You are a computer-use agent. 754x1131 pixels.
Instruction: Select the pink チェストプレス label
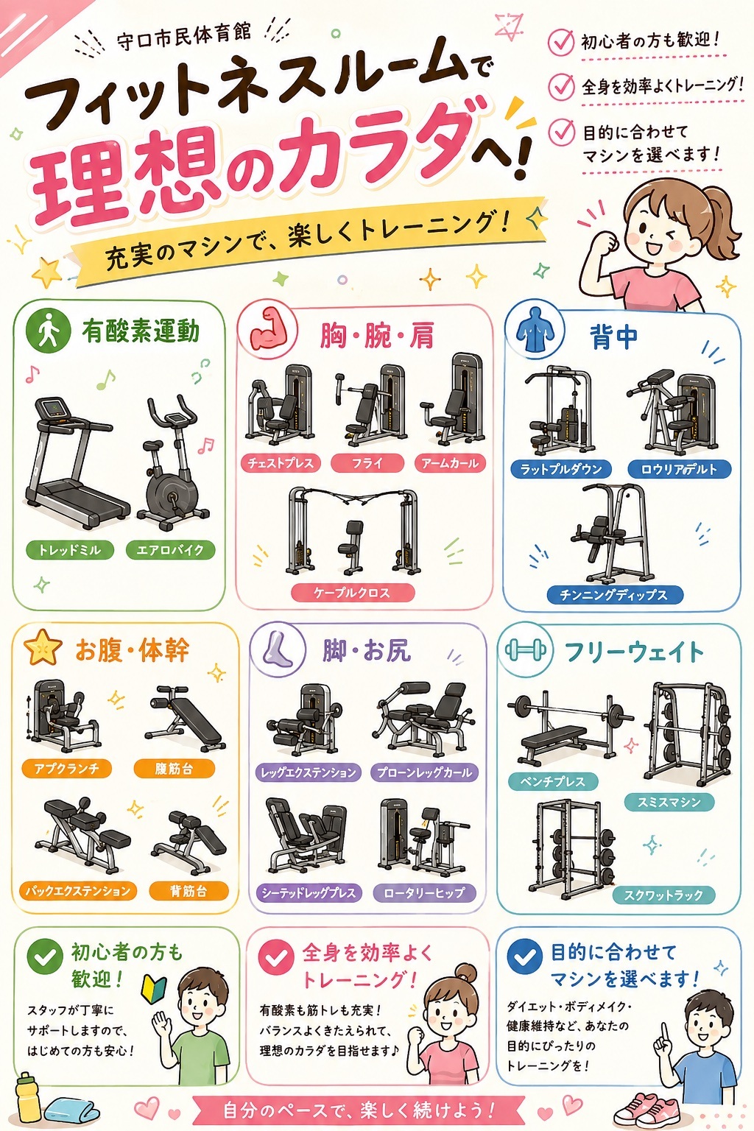[280, 463]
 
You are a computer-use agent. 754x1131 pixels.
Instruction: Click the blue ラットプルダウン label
[560, 469]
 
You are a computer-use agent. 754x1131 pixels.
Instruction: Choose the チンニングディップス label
[614, 595]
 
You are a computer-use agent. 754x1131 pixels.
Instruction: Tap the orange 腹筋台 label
[174, 769]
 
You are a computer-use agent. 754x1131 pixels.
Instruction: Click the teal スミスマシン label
[669, 802]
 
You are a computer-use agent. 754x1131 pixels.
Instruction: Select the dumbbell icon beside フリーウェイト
[525, 650]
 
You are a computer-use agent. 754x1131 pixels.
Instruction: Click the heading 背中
[613, 337]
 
